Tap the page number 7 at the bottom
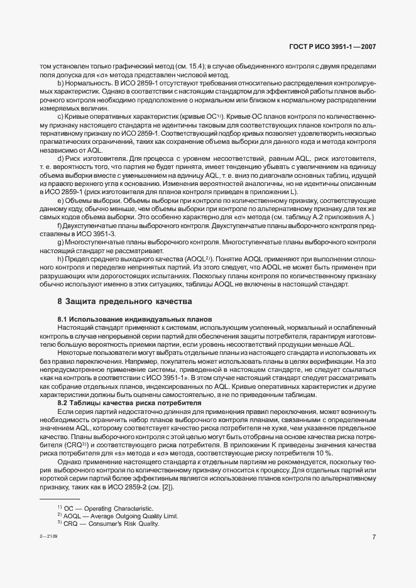tap(374, 536)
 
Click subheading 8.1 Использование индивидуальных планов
tap(134, 320)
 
